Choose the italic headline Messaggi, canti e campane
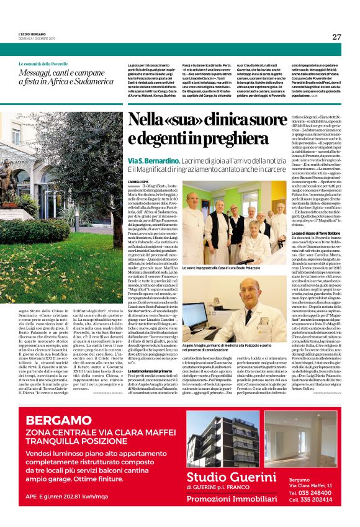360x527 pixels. click(66, 77)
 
